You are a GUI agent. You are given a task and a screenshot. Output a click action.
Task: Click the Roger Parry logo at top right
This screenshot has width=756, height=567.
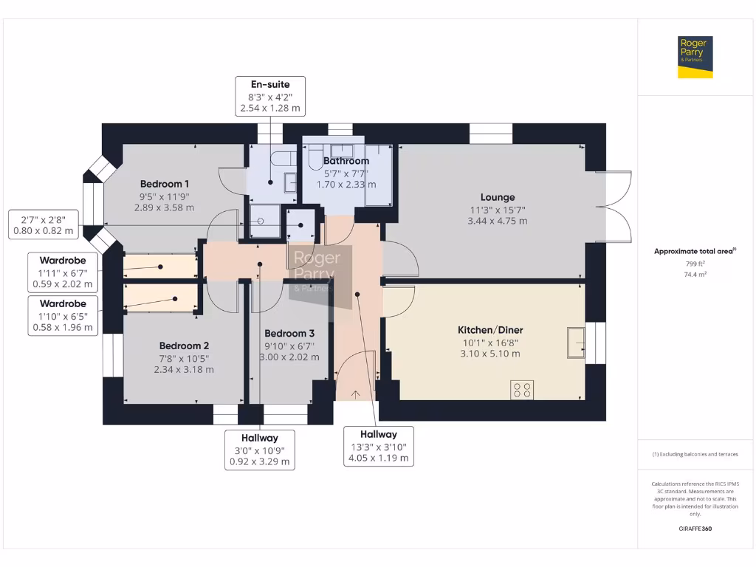click(695, 57)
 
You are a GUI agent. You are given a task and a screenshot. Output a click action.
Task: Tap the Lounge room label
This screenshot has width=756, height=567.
click(497, 197)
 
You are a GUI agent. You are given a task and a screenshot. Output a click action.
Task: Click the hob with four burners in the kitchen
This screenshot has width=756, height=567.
click(522, 389)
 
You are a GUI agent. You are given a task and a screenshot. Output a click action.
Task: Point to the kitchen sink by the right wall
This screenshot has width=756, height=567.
click(575, 342)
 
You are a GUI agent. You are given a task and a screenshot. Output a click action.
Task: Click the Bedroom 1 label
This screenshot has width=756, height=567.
click(165, 184)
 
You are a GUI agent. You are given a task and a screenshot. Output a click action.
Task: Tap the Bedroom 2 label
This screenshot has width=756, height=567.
click(184, 346)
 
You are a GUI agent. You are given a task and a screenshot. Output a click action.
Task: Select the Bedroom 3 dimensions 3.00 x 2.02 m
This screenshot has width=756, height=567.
click(292, 357)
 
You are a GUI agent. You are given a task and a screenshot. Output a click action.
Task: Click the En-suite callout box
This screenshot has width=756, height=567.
click(269, 96)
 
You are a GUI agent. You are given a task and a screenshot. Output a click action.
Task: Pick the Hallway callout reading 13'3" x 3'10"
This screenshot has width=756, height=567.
click(378, 446)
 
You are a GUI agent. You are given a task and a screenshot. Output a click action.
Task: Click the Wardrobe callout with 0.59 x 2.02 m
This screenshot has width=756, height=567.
click(63, 272)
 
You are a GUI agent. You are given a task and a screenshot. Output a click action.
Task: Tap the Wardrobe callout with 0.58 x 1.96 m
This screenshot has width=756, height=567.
click(63, 316)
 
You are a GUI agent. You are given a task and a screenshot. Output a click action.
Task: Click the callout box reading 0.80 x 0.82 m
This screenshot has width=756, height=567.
click(44, 224)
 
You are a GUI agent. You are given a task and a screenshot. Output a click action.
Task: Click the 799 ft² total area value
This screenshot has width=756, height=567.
click(695, 264)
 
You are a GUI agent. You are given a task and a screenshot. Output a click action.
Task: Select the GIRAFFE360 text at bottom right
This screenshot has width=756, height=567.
click(695, 529)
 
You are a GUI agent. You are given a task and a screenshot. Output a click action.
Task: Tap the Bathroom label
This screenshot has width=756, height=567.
click(346, 161)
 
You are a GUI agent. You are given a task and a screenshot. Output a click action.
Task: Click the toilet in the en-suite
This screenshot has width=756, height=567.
click(281, 157)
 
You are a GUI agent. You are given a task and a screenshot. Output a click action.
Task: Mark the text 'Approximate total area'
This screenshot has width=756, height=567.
click(693, 252)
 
